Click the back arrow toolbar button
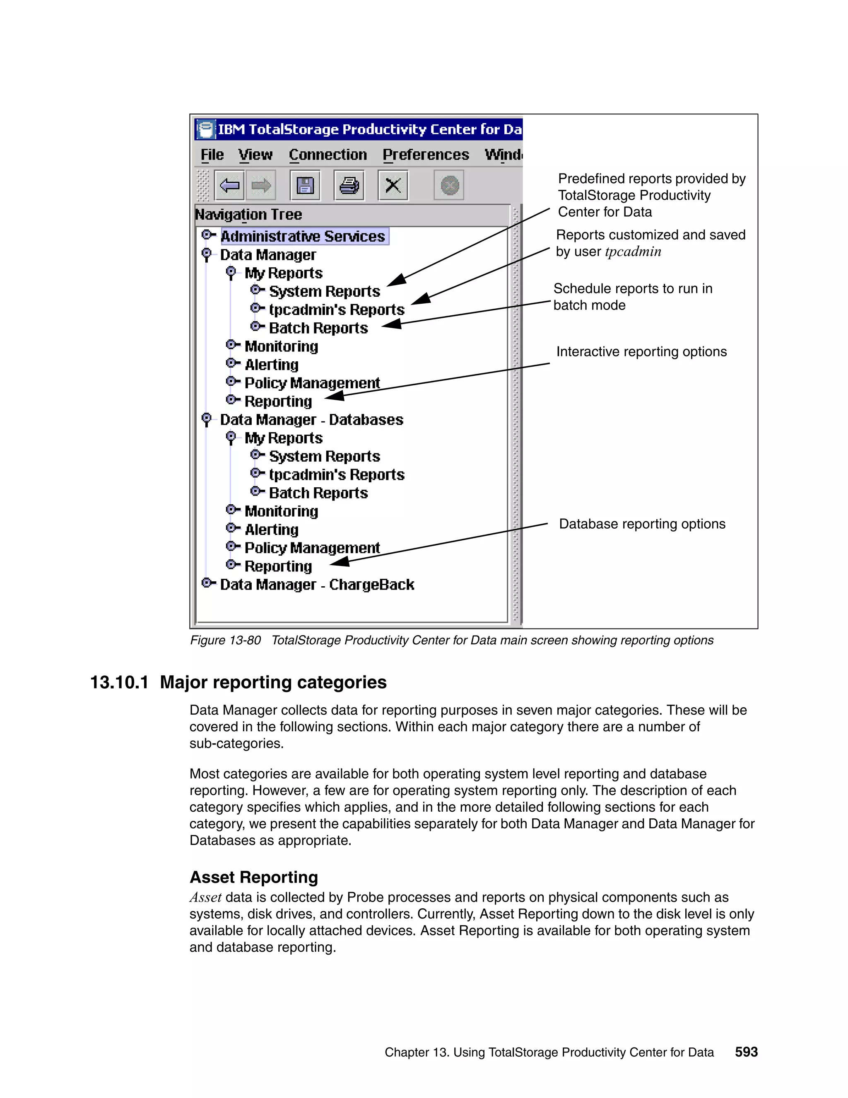tap(229, 186)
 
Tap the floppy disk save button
tap(305, 186)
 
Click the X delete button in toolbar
tap(393, 186)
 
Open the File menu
tap(212, 155)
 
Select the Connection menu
tap(328, 155)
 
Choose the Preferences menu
tap(426, 155)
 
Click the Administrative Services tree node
tap(303, 236)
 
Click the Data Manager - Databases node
tap(311, 420)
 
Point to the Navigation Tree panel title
tap(249, 215)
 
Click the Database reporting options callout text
tap(642, 524)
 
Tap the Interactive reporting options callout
tap(641, 351)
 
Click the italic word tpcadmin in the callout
tap(633, 252)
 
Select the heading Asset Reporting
tap(254, 877)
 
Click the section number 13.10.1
tap(119, 682)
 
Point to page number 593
tap(746, 1052)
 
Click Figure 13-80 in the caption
tap(225, 640)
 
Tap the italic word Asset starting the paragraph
tap(205, 897)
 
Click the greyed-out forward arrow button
tap(261, 186)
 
